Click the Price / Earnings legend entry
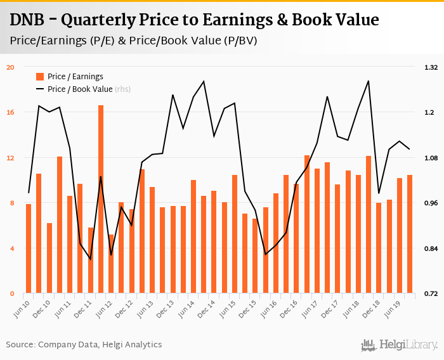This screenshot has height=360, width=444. (x=75, y=77)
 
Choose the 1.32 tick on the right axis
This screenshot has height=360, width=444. (x=431, y=67)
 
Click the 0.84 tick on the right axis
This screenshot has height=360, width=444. (x=431, y=248)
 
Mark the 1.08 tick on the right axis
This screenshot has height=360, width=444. (x=431, y=158)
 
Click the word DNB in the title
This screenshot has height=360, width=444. (x=29, y=20)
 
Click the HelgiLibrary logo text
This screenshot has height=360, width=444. (x=408, y=345)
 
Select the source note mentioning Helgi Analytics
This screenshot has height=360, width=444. (x=84, y=345)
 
